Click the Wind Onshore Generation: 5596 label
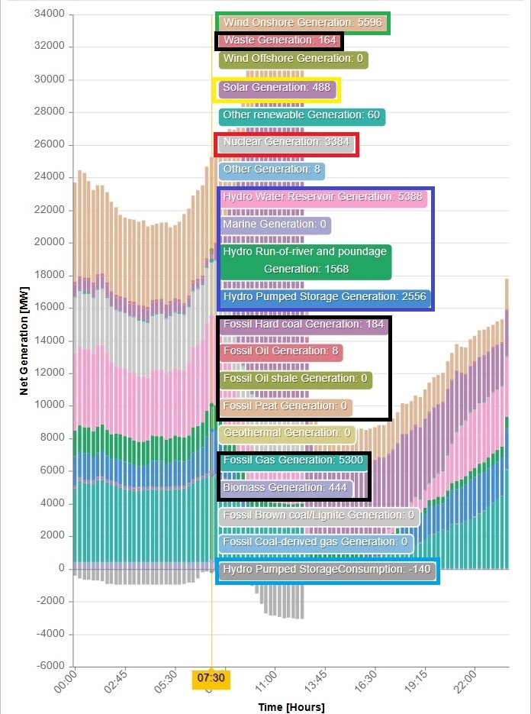point(302,23)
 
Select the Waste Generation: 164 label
point(280,40)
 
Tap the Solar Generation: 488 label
point(277,88)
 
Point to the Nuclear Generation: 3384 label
point(286,142)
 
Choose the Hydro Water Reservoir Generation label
point(319,197)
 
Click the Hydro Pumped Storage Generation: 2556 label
point(325,296)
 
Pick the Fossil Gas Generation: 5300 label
point(294,460)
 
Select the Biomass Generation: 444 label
point(285,487)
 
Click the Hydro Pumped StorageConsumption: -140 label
point(327,570)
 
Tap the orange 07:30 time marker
point(211,677)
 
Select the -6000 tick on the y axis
point(49,666)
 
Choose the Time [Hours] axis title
point(291,706)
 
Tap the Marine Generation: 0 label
point(275,225)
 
